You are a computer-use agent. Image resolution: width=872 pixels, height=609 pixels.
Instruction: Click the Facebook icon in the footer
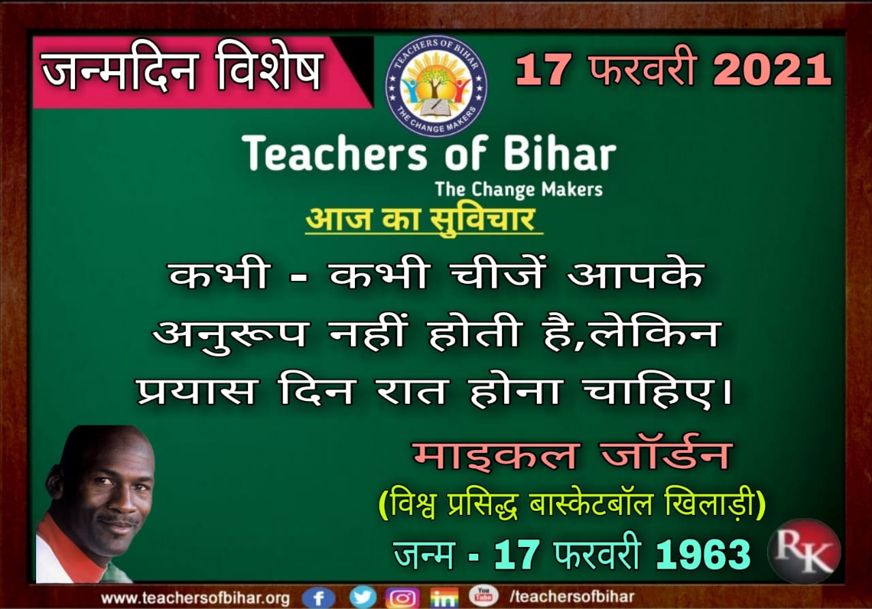click(x=318, y=597)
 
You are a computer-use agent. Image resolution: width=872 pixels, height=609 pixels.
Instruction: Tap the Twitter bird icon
click(x=363, y=597)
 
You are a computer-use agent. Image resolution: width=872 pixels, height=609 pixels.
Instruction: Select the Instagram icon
click(x=403, y=597)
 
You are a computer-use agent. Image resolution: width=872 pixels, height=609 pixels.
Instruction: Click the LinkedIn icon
click(x=444, y=597)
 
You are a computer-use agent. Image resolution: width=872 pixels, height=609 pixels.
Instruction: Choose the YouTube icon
click(x=484, y=596)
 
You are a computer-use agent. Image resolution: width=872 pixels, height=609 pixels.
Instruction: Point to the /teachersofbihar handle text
click(x=572, y=597)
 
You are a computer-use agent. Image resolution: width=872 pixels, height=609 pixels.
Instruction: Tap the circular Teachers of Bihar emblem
click(x=436, y=86)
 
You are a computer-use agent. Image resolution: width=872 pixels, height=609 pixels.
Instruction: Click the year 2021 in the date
click(x=773, y=70)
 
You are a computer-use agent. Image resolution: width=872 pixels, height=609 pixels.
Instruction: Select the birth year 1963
click(x=703, y=554)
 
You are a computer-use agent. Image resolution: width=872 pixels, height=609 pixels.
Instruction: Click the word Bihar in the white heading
click(x=560, y=153)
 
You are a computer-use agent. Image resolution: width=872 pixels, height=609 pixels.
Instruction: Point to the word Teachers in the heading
click(x=334, y=153)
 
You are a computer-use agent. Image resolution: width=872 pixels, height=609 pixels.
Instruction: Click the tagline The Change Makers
click(x=519, y=190)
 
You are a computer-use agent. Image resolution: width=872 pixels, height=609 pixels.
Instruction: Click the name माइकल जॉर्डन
click(x=571, y=456)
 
